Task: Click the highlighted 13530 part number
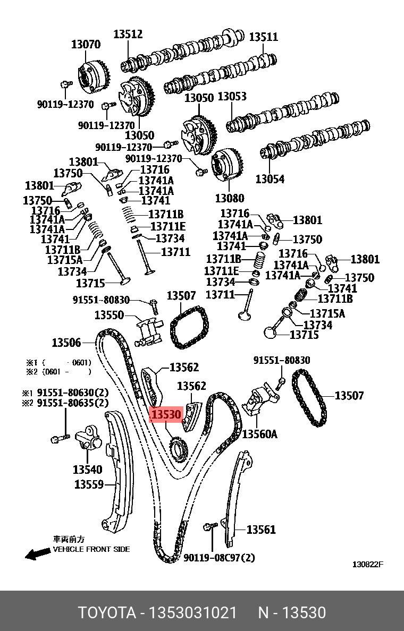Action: [x=167, y=415]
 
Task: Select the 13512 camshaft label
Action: [x=128, y=35]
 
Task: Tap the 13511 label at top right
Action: [x=264, y=37]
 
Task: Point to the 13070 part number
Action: [x=86, y=45]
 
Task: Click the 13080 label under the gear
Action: [x=230, y=198]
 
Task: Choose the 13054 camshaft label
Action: [x=270, y=179]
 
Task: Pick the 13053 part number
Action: [x=232, y=97]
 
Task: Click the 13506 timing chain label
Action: [x=66, y=343]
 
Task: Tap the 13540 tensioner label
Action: [x=88, y=470]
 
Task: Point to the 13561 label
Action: [x=262, y=529]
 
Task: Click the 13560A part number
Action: [x=260, y=434]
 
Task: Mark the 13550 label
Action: [x=110, y=315]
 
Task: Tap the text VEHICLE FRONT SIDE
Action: [x=91, y=549]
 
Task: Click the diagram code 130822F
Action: [x=368, y=564]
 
